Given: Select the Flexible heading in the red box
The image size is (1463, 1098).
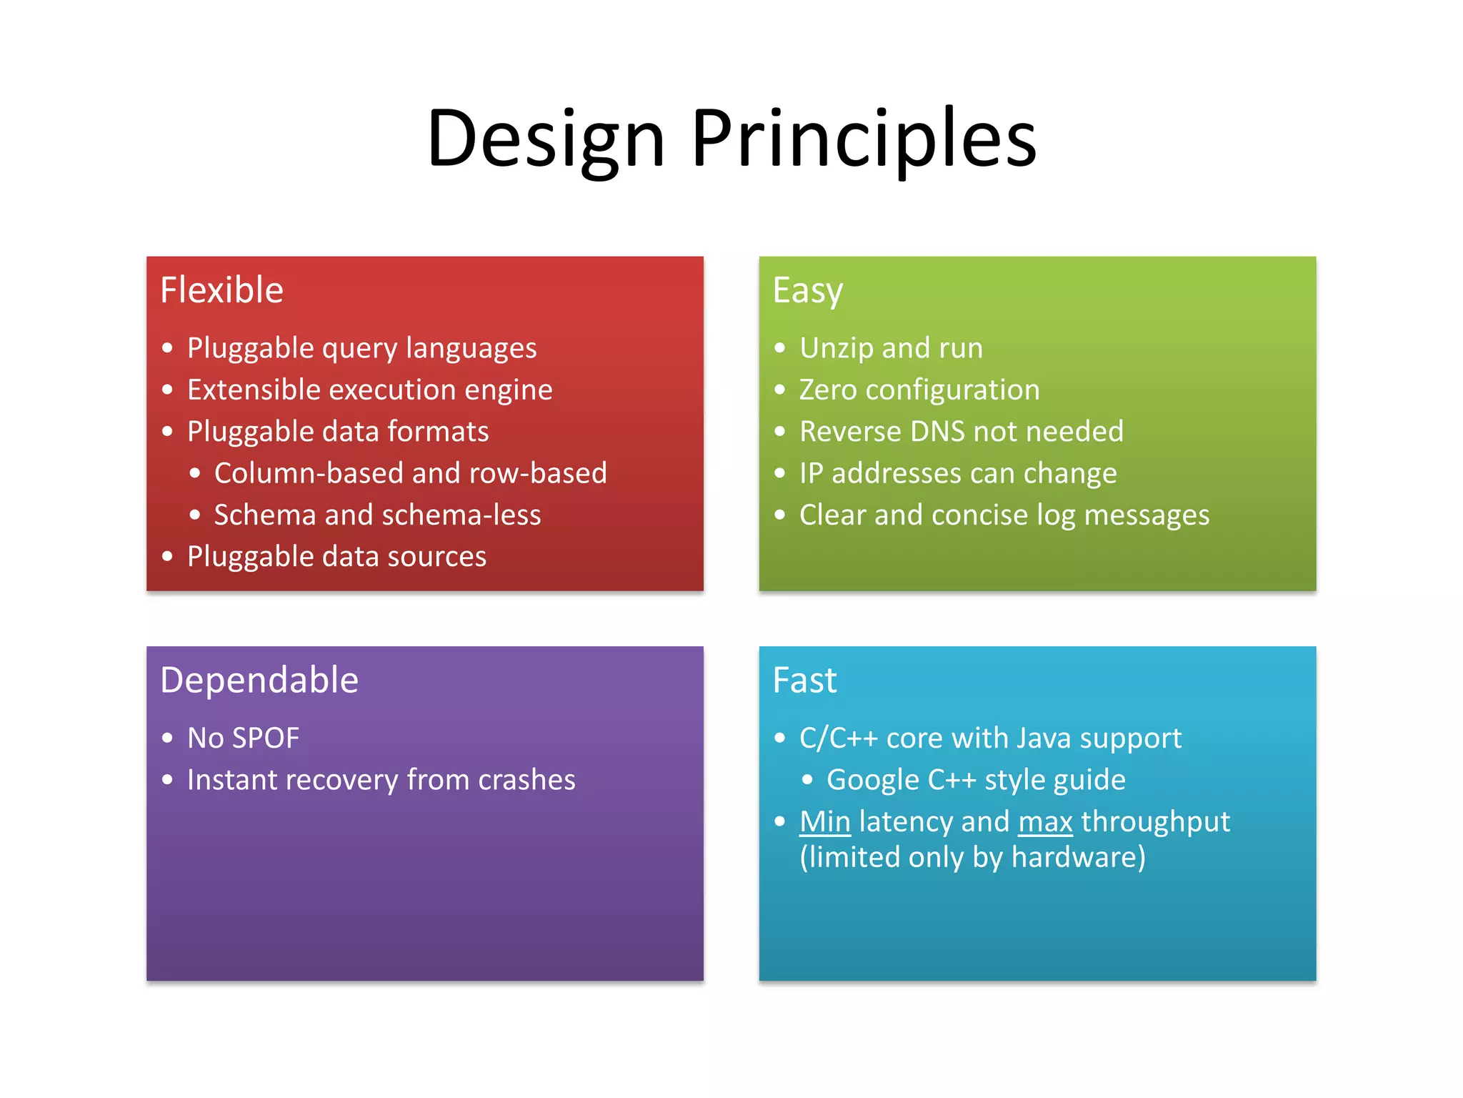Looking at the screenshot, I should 221,290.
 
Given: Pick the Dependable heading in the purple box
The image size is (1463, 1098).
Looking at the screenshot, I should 259,680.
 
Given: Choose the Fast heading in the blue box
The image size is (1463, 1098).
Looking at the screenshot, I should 804,680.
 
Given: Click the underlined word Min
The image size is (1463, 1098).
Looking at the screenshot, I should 825,821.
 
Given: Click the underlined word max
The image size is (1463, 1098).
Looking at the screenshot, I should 1045,822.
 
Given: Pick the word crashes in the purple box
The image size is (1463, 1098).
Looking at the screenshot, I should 526,780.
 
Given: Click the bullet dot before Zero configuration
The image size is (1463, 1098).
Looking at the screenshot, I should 780,390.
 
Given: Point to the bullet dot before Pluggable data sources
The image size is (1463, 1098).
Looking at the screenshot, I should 167,557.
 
